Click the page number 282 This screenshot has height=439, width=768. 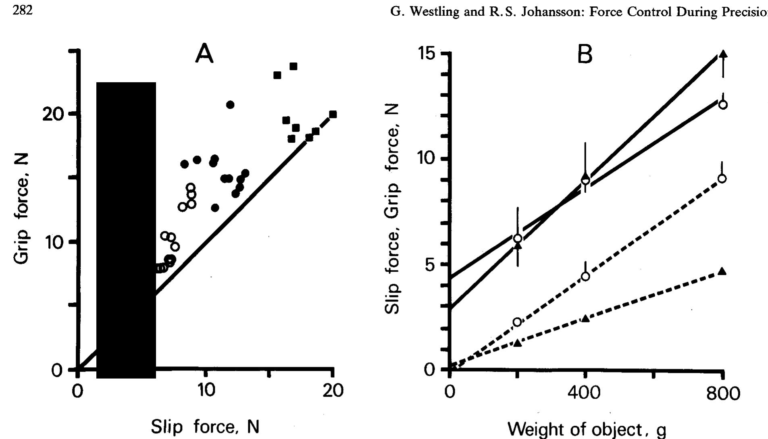pos(22,11)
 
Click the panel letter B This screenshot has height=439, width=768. pos(585,54)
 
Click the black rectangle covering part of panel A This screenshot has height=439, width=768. pos(126,230)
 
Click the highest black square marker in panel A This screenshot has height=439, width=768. pos(293,66)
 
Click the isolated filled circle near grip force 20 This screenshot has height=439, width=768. pos(230,105)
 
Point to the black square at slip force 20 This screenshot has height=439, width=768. pos(333,114)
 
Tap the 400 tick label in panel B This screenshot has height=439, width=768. pos(585,393)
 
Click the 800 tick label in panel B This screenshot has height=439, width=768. pos(723,393)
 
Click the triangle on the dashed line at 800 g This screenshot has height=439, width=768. pos(722,271)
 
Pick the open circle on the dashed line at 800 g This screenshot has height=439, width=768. pos(722,178)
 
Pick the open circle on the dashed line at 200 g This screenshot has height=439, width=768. pos(517,322)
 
